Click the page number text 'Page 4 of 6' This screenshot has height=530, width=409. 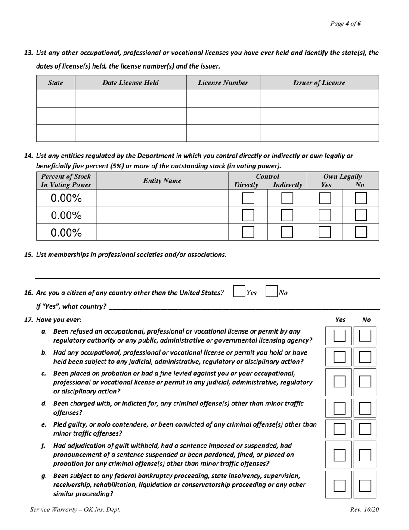tap(345, 24)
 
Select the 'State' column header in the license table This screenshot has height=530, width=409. tap(56, 83)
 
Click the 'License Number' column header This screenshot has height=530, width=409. tap(223, 83)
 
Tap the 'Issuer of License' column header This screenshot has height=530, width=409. tap(319, 83)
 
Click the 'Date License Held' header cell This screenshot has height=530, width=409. tap(130, 83)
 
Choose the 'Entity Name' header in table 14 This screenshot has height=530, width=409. tap(162, 181)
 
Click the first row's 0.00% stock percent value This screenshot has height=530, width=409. tap(66, 198)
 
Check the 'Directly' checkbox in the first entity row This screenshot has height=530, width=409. tap(248, 198)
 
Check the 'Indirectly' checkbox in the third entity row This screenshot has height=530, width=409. tap(287, 232)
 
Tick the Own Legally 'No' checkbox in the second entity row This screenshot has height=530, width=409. tap(361, 215)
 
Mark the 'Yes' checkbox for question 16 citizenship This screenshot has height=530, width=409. tap(239, 292)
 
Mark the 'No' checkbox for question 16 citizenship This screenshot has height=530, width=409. tap(271, 292)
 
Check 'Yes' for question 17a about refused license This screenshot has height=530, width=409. tap(340, 336)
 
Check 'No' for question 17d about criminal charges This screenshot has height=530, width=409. tap(365, 408)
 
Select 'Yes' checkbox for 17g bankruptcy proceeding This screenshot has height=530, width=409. tap(340, 486)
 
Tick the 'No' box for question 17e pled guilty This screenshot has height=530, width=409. tap(365, 429)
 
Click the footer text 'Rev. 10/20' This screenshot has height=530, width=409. tap(365, 510)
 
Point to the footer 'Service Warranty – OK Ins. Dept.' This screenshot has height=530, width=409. tap(75, 510)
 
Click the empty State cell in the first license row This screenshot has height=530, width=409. tap(56, 99)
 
